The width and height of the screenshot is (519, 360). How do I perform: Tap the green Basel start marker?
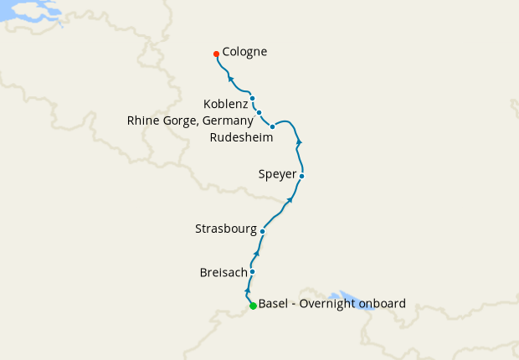253,306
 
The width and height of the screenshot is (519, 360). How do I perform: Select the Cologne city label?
244,52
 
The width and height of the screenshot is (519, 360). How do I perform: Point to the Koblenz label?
225,104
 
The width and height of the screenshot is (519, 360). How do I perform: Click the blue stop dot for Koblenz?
252,98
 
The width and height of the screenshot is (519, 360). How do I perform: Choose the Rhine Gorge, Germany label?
189,120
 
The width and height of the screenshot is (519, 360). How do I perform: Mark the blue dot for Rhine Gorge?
259,112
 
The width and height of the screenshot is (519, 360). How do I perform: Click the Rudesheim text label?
242,137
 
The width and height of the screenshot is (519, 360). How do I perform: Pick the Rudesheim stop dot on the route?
273,126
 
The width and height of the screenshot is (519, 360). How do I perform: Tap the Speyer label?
277,175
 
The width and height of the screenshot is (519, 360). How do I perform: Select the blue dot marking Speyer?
301,176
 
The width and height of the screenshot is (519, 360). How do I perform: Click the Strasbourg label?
224,228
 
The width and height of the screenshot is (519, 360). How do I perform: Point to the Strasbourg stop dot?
263,231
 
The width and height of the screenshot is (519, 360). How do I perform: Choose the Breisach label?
223,272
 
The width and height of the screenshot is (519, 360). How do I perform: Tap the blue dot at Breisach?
252,271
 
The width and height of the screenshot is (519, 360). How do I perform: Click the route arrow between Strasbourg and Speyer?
290,200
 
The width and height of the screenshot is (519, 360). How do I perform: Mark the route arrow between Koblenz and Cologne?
231,79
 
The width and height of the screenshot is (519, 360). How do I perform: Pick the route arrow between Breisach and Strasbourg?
257,252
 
